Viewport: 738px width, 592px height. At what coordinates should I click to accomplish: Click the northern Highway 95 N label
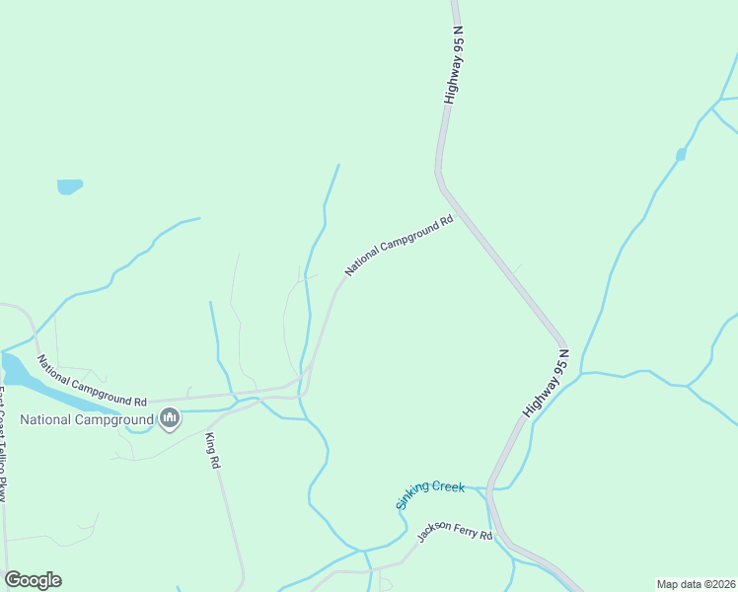click(x=454, y=66)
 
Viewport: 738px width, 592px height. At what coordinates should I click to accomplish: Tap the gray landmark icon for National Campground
click(x=170, y=419)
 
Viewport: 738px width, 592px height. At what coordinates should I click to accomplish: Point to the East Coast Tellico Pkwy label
click(x=4, y=444)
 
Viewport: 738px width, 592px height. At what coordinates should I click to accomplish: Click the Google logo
click(x=33, y=580)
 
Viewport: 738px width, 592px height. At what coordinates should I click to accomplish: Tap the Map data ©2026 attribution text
click(x=696, y=584)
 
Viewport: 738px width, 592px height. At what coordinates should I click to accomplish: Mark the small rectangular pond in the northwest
click(x=69, y=185)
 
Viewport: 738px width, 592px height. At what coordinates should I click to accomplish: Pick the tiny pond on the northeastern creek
click(x=681, y=154)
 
